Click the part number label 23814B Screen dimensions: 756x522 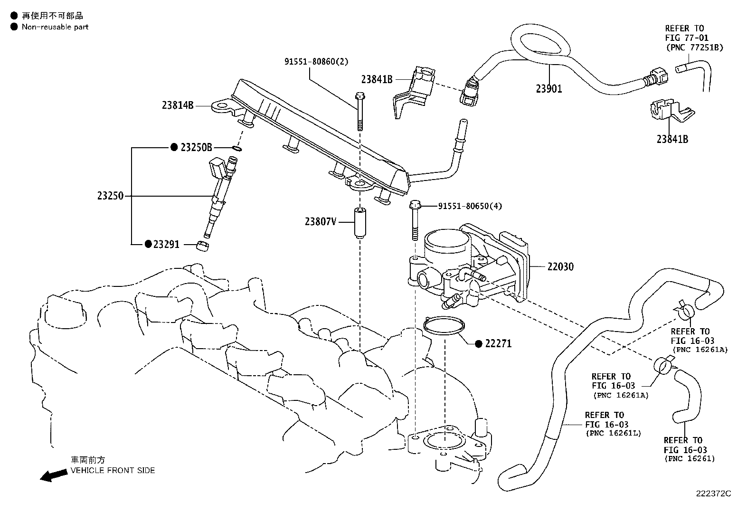pyautogui.click(x=178, y=105)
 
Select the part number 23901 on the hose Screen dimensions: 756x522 pyautogui.click(x=549, y=89)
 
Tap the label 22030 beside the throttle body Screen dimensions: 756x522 pyautogui.click(x=560, y=267)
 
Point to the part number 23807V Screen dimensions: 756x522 pyautogui.click(x=321, y=221)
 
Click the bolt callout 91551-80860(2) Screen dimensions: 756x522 pyautogui.click(x=316, y=61)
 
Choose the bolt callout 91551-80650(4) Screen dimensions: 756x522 pyautogui.click(x=470, y=206)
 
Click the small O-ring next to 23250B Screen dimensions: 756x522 pyautogui.click(x=237, y=148)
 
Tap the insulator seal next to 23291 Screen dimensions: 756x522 pyautogui.click(x=202, y=246)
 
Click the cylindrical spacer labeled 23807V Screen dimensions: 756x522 pyautogui.click(x=360, y=223)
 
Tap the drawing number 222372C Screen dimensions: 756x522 pyautogui.click(x=713, y=494)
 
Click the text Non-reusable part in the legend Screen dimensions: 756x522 pyautogui.click(x=55, y=27)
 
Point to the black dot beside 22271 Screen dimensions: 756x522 pyautogui.click(x=478, y=344)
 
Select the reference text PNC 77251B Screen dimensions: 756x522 pyautogui.click(x=695, y=47)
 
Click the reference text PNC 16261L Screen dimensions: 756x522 pyautogui.click(x=613, y=433)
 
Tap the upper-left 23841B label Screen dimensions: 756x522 pyautogui.click(x=377, y=79)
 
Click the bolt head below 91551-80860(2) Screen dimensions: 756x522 pyautogui.click(x=360, y=96)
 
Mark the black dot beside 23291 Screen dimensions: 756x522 pyautogui.click(x=148, y=244)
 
